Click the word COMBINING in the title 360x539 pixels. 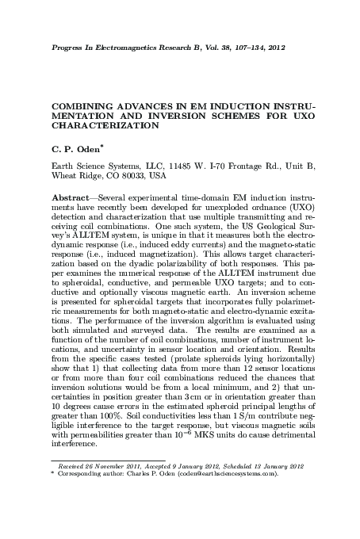(x=83, y=105)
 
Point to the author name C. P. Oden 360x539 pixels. (x=78, y=148)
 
